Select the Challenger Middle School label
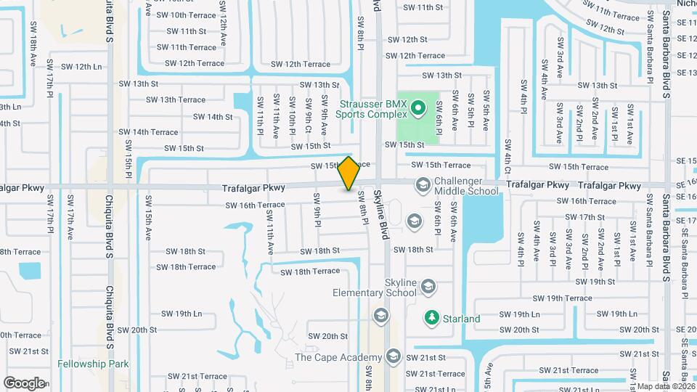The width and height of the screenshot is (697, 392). [466, 186]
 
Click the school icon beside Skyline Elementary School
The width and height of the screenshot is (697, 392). [428, 287]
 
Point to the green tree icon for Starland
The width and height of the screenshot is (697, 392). [432, 318]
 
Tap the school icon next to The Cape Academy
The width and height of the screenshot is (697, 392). [394, 356]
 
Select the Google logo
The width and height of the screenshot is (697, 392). [24, 383]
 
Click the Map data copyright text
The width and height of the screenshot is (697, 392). [661, 386]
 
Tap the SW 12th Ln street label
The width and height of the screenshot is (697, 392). [76, 67]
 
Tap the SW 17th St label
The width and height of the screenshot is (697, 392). [583, 217]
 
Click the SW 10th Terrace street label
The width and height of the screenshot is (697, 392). [192, 15]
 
